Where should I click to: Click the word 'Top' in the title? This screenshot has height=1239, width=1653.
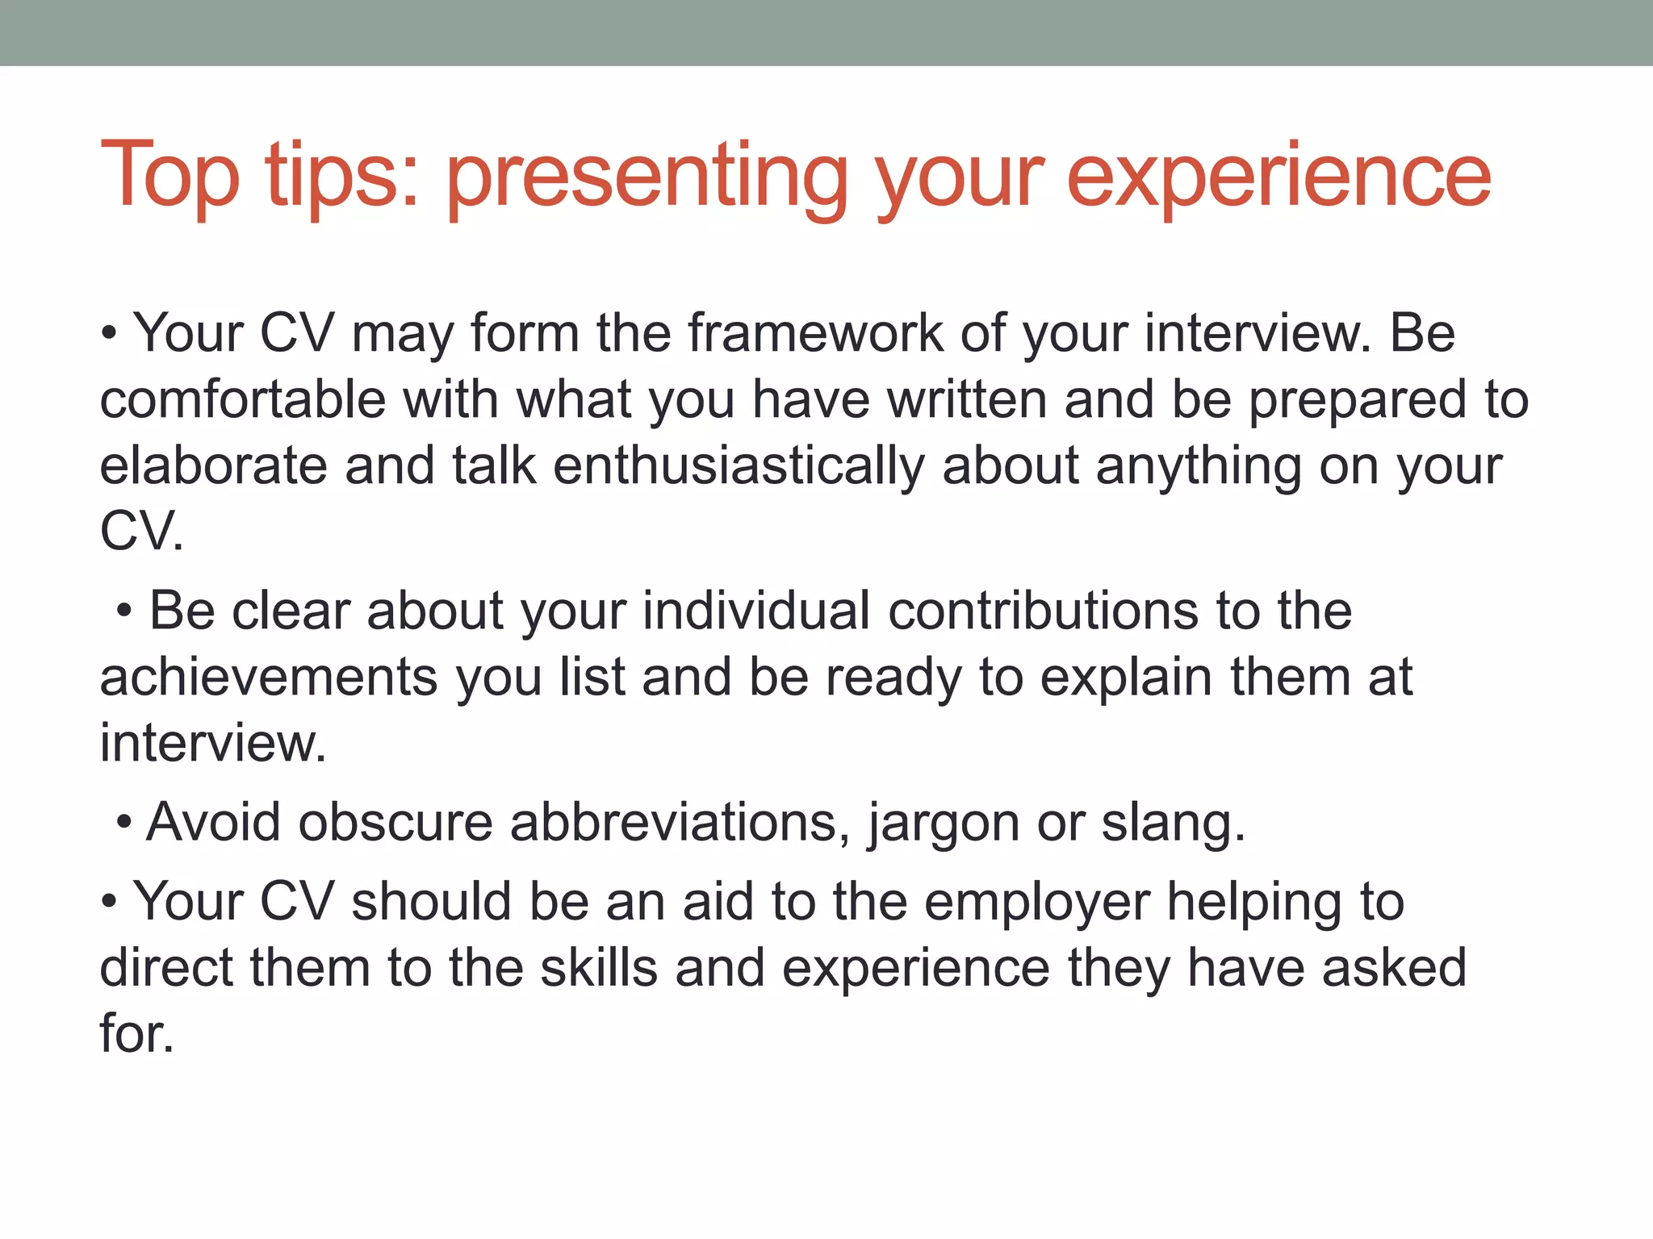[169, 176]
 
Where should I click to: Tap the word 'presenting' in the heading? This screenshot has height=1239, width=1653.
[646, 177]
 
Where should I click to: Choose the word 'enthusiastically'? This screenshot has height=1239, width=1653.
[739, 466]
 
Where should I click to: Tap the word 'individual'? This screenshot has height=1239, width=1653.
[756, 610]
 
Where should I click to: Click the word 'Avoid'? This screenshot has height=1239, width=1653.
[213, 822]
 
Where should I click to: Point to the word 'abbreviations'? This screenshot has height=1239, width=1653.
[680, 822]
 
